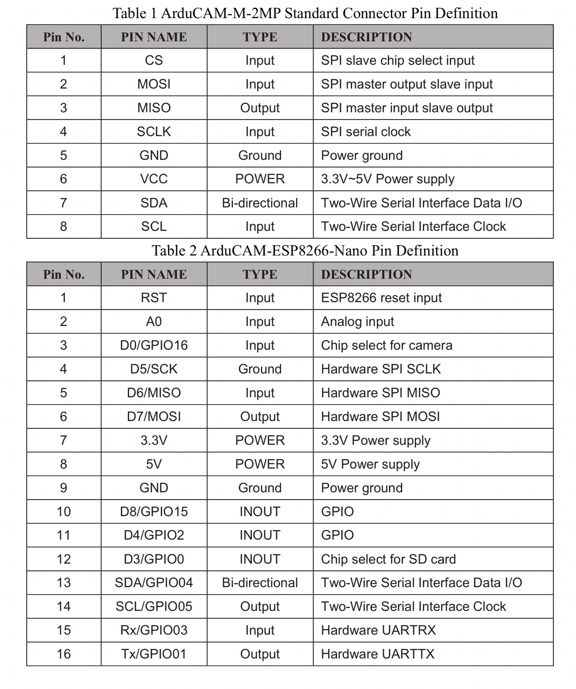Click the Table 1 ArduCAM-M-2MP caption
(305, 13)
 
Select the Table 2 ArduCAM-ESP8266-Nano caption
(305, 251)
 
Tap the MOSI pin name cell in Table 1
(154, 84)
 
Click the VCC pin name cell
(154, 179)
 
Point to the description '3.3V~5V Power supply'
(388, 179)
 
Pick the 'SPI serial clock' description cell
(366, 132)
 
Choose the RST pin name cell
(154, 298)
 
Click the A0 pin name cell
(154, 321)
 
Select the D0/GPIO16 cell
(154, 345)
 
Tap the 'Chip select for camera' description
(386, 345)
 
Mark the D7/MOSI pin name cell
(154, 417)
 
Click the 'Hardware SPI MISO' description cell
(380, 393)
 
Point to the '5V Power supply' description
(370, 464)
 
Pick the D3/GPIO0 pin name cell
(154, 559)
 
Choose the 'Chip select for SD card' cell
(388, 559)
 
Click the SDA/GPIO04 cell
(154, 583)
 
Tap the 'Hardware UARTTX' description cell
(378, 654)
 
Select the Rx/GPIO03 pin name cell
(154, 630)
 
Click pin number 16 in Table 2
(64, 654)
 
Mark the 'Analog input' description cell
(357, 321)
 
